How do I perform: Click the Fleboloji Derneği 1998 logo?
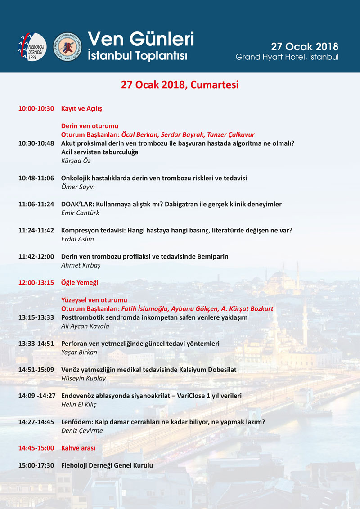tap(32, 46)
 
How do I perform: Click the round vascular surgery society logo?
tap(67, 46)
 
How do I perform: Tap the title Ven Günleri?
tap(141, 39)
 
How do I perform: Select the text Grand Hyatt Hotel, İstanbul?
tap(287, 57)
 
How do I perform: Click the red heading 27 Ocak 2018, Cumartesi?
tap(180, 85)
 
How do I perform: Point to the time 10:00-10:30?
tap(36, 109)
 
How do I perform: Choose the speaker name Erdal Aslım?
tap(78, 239)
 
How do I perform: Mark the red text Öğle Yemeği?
tap(80, 283)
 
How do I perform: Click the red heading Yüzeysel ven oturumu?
tap(94, 300)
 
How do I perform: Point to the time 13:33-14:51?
tap(36, 344)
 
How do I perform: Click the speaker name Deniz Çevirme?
tap(82, 430)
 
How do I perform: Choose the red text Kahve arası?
tap(78, 448)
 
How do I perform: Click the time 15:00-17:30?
tap(36, 465)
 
